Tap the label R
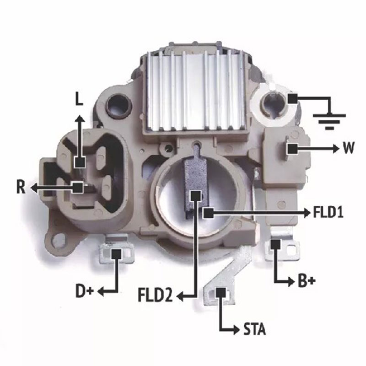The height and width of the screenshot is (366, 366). point(21,187)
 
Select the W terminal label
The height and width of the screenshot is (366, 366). point(348,147)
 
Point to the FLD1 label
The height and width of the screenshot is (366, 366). point(328,212)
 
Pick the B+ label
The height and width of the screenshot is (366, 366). point(307,281)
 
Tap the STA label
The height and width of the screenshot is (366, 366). point(255,329)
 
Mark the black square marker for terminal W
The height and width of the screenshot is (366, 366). point(292,149)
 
